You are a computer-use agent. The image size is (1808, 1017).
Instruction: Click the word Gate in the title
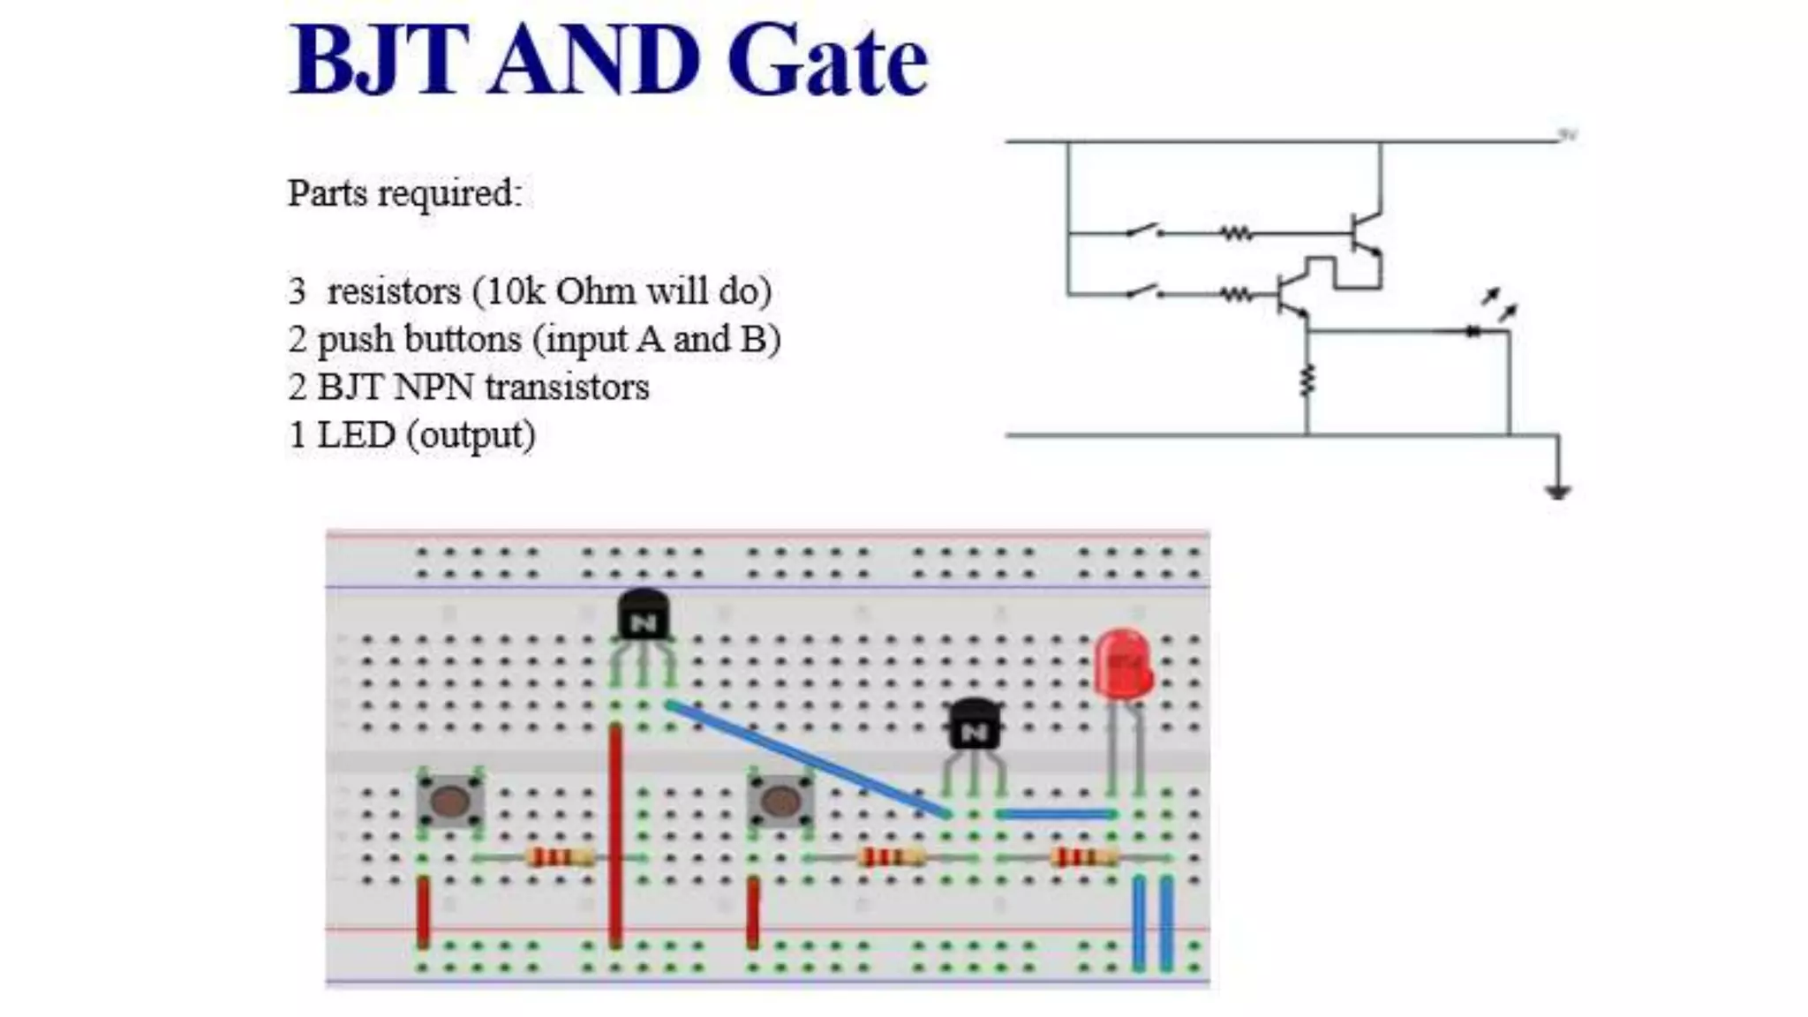point(827,62)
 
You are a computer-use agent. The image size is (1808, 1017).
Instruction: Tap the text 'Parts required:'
point(404,193)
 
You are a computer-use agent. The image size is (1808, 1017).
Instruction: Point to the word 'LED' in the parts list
point(356,434)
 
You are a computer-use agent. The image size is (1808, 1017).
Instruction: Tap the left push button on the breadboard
point(450,801)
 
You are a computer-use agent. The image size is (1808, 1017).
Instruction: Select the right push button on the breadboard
point(780,801)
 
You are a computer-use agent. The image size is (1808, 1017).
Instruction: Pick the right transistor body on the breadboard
point(974,725)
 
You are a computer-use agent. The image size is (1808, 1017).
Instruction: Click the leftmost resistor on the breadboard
point(560,857)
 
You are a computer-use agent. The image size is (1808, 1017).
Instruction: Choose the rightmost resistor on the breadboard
point(1085,857)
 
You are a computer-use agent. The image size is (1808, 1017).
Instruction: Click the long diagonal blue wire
point(808,759)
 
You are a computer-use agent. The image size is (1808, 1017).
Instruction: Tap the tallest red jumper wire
point(615,834)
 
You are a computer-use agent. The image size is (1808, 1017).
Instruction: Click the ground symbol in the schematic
point(1557,491)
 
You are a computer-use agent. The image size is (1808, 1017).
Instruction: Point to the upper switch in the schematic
point(1143,231)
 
